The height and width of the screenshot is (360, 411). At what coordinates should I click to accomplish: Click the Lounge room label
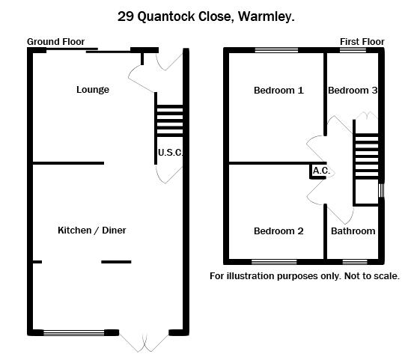coord(93,90)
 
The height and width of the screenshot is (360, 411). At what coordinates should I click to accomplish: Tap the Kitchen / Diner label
coord(92,231)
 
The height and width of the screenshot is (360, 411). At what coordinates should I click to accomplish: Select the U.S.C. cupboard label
coord(171,153)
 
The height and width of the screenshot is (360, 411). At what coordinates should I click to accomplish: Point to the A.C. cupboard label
coord(321,171)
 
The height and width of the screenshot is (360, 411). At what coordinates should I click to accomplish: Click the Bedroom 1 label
coord(278,91)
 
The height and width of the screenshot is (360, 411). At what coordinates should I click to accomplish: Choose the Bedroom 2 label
coord(278,231)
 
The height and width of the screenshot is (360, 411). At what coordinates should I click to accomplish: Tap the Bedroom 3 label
coord(353,91)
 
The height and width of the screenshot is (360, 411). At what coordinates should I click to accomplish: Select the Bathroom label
coord(353,231)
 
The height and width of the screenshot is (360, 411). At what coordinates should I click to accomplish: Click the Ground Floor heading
coord(56,42)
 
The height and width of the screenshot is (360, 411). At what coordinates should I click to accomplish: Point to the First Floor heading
coord(362,42)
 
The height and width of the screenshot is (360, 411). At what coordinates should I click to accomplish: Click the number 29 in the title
coord(126,16)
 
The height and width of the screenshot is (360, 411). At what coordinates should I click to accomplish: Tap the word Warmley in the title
coord(267,16)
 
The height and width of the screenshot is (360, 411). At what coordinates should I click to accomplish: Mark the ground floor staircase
coord(170,121)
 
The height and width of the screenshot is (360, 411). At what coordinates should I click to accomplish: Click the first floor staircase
coord(367,156)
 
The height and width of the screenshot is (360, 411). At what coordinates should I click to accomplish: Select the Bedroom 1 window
coord(276,50)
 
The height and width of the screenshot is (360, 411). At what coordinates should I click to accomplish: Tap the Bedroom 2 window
coord(274,262)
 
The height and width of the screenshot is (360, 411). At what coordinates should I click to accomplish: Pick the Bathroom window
coord(355,262)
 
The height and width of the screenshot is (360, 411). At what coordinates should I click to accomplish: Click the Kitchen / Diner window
coord(73,333)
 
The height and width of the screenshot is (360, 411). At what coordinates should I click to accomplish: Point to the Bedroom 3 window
coord(353,50)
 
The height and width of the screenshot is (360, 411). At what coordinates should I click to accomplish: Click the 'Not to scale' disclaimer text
coord(372,276)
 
